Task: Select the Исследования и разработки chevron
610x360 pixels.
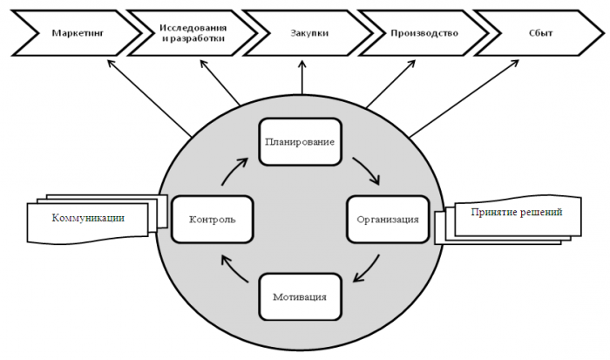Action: (193, 32)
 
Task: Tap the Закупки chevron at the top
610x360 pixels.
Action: (302, 32)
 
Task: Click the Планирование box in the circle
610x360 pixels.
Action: (299, 141)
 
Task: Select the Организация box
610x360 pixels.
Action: (388, 219)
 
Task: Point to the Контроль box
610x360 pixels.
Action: (212, 219)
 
